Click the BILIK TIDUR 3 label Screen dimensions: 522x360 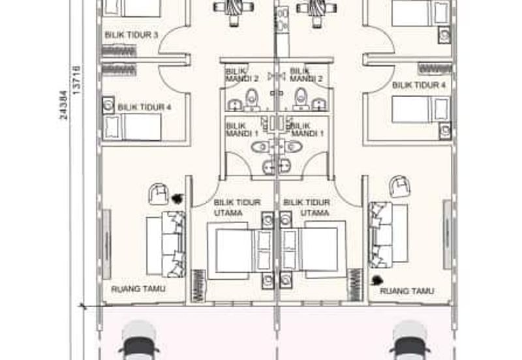click(131, 35)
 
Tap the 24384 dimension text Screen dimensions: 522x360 click(63, 105)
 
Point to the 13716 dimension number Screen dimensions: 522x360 click(76, 80)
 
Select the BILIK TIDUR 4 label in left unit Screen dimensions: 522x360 click(144, 107)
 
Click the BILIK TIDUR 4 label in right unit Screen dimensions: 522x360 click(419, 85)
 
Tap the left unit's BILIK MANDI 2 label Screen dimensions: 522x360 click(241, 75)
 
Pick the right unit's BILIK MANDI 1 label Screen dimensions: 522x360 click(307, 130)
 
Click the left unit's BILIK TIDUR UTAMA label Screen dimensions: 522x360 click(237, 207)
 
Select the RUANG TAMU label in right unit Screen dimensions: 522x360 click(407, 291)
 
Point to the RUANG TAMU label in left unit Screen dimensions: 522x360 click(138, 289)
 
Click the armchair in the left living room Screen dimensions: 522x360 click(159, 194)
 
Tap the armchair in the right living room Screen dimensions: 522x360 click(400, 186)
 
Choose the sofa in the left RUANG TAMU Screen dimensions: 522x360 click(166, 244)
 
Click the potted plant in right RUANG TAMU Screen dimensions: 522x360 click(376, 280)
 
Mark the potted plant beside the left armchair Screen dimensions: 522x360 click(177, 199)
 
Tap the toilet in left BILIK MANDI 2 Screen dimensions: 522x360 click(252, 99)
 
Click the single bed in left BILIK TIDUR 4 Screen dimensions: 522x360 click(132, 127)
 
